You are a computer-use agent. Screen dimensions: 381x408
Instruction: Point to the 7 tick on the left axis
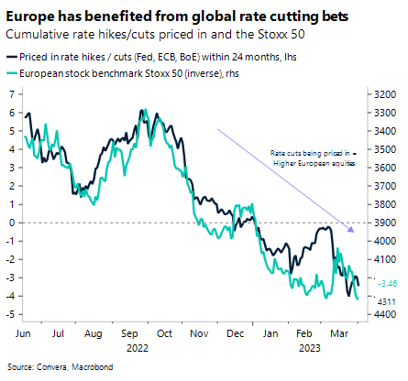tap(10, 94)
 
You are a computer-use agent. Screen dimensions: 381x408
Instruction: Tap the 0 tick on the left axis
tap(10, 223)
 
